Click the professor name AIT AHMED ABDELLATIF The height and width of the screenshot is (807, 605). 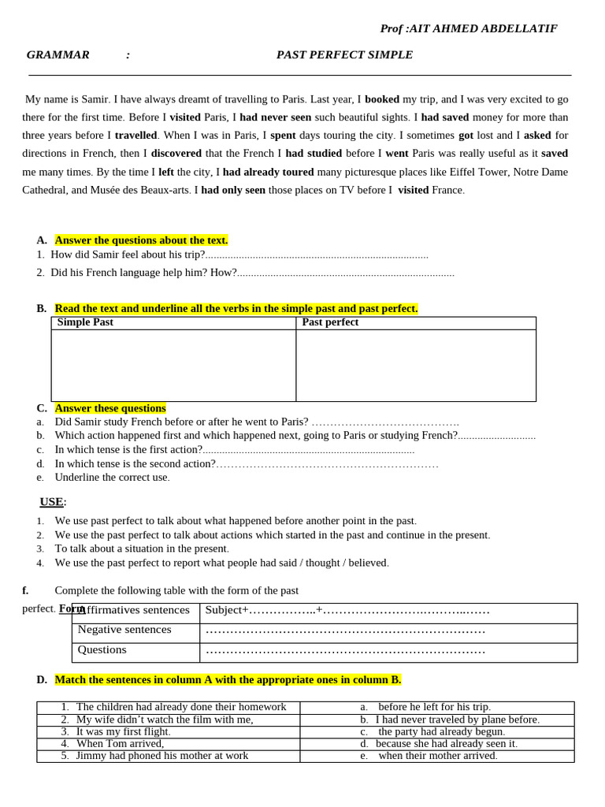coord(483,28)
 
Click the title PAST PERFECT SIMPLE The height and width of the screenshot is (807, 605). coord(344,54)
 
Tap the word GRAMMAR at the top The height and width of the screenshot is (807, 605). coord(58,54)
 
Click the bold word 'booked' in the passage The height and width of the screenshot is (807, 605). coord(382,99)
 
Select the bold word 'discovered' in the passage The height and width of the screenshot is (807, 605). coord(176,153)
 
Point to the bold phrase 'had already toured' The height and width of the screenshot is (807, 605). coord(268,171)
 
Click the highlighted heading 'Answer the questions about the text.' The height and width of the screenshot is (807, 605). coord(141,240)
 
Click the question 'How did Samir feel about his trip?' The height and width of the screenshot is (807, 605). coord(128,255)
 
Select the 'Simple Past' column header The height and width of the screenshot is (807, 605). coord(85,322)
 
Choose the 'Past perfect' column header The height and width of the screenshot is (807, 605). coord(330,322)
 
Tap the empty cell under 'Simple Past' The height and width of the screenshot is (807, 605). coord(173,365)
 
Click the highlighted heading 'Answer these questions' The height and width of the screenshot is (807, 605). coord(110,407)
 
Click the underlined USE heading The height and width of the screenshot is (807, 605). coord(52,502)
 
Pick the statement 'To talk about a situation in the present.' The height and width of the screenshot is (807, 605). coord(142,549)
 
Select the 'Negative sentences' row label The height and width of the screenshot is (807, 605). coord(124,630)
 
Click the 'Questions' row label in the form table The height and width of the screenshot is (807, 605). coord(102,649)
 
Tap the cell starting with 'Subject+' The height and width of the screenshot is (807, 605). coord(347,610)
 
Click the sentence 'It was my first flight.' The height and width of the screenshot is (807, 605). coord(124,731)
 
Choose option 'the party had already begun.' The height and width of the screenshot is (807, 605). coord(441,731)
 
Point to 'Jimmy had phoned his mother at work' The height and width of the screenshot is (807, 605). coord(162,755)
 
